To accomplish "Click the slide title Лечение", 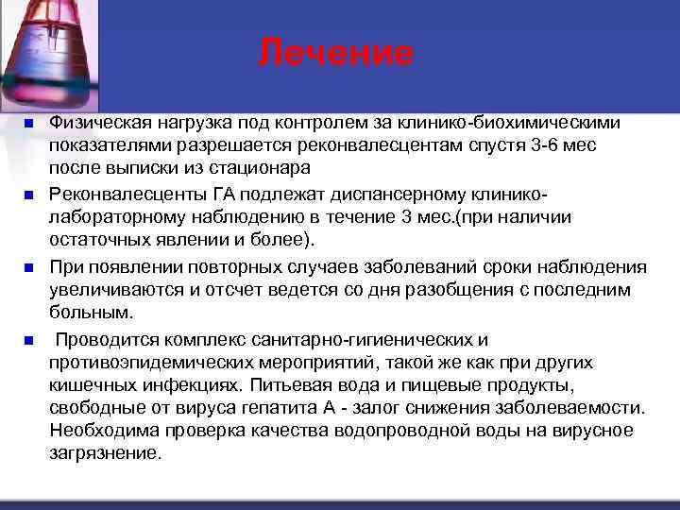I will click(336, 53).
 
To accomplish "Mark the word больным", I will click(86, 312).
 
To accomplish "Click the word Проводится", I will click(103, 339).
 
